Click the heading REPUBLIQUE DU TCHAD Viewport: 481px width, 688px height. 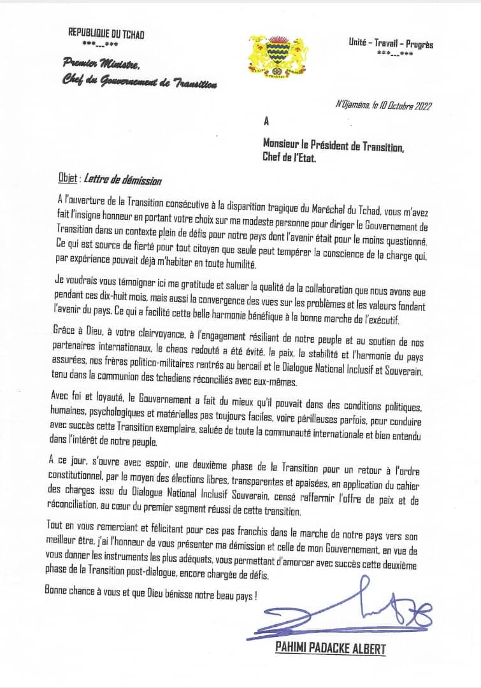[x=106, y=34]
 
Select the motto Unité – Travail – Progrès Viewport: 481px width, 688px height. [x=391, y=44]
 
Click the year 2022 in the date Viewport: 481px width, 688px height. [x=422, y=106]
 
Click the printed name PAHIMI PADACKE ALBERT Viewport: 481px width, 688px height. [x=330, y=648]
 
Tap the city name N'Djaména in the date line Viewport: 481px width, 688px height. [x=357, y=106]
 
